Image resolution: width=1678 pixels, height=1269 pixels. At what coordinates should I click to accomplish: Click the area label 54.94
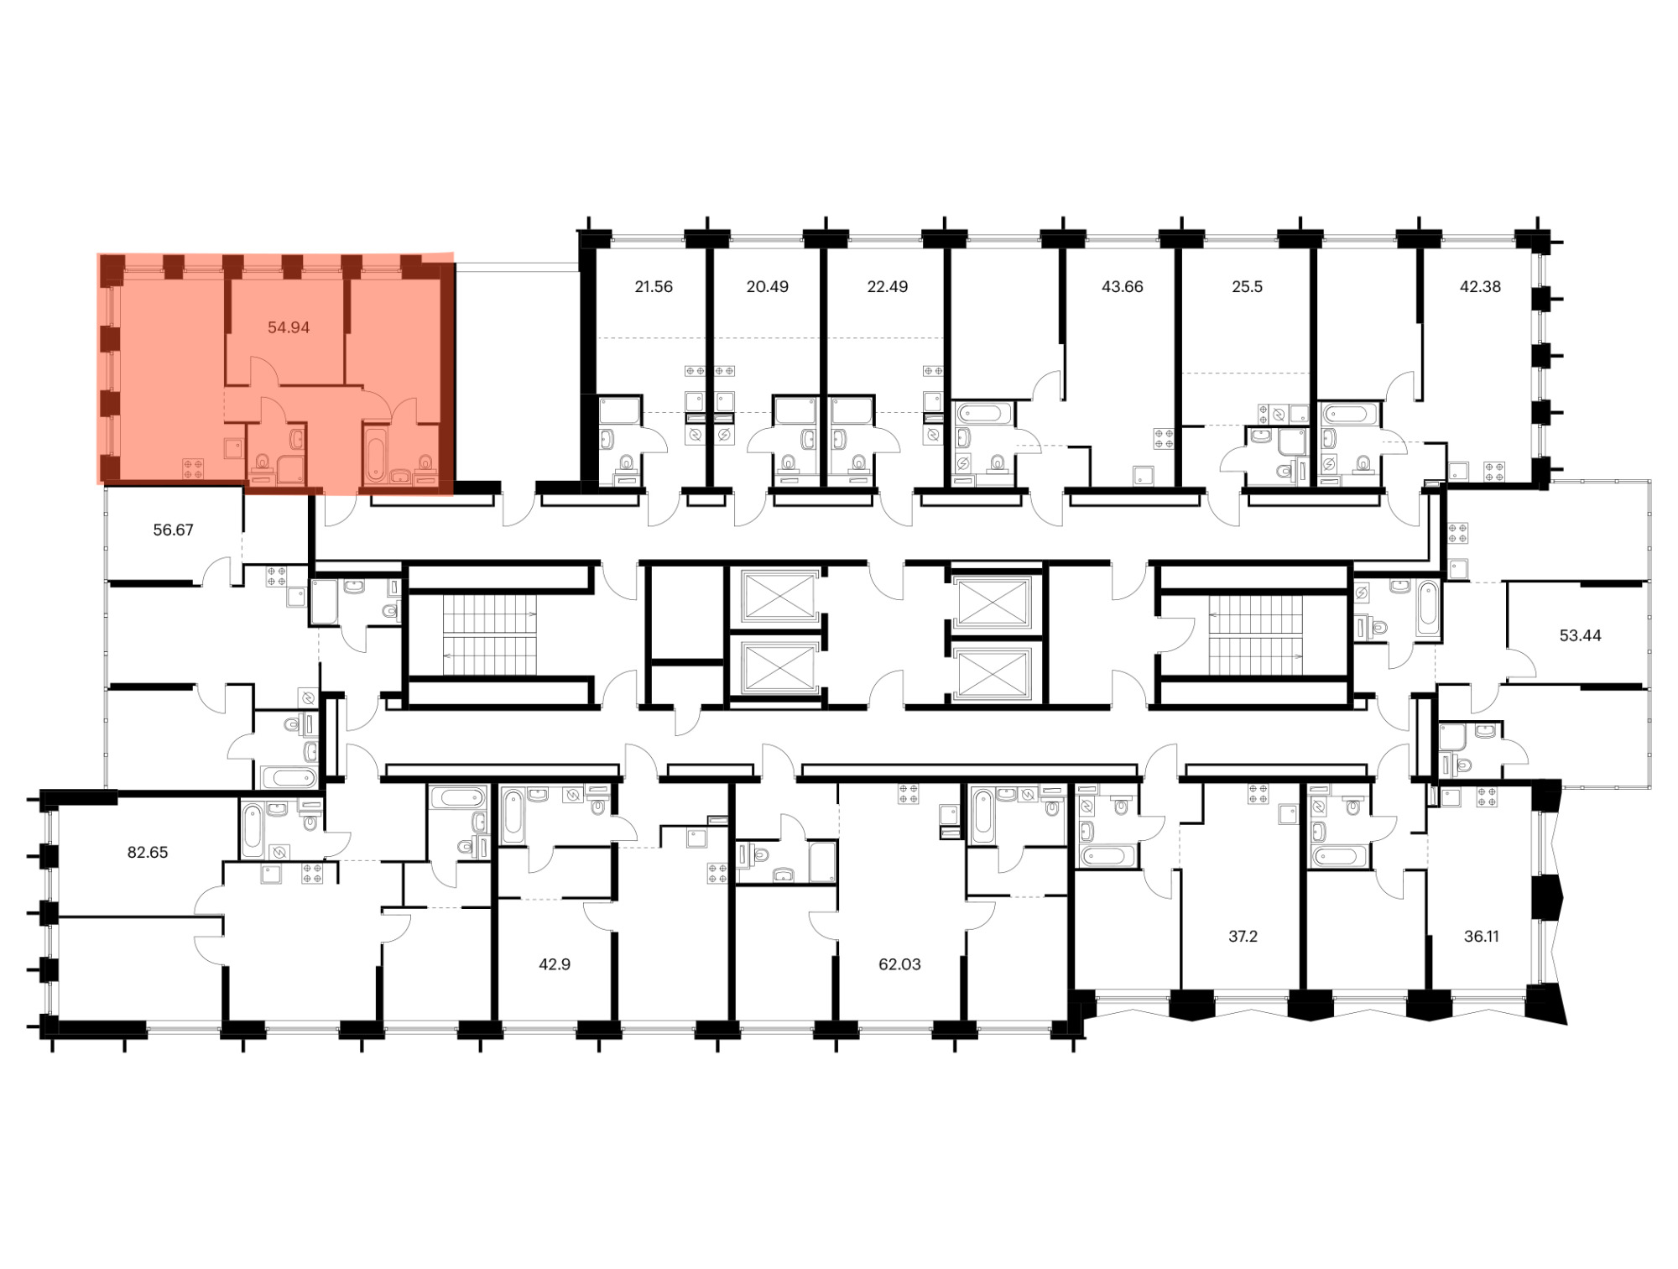click(x=289, y=327)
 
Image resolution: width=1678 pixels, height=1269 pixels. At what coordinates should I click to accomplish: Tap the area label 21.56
click(x=654, y=286)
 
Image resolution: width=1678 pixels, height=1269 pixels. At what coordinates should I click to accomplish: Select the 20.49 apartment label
click(x=767, y=286)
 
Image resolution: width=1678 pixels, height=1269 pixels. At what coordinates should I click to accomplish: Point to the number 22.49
click(x=887, y=286)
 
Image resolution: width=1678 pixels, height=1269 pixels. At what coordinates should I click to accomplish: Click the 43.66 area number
click(x=1122, y=286)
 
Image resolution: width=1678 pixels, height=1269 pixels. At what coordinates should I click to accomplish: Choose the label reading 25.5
click(x=1247, y=286)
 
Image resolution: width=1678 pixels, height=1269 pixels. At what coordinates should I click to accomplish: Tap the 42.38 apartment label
click(x=1480, y=286)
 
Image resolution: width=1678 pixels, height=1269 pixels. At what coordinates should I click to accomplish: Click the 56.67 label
click(x=173, y=530)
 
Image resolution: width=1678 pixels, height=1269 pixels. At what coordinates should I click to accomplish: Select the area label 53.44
click(x=1580, y=635)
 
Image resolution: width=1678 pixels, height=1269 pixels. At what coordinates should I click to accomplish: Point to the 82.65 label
click(x=148, y=852)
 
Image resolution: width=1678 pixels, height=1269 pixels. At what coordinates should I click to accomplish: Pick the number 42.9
click(x=555, y=964)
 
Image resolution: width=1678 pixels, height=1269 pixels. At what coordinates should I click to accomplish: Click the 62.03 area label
click(x=899, y=964)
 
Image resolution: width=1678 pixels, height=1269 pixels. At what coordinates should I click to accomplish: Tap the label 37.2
click(x=1243, y=936)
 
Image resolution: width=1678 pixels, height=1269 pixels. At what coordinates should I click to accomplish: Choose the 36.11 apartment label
click(x=1481, y=936)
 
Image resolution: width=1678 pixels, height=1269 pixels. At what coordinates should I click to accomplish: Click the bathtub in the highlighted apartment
click(x=376, y=456)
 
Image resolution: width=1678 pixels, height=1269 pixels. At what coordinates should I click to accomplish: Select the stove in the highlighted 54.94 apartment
click(x=193, y=469)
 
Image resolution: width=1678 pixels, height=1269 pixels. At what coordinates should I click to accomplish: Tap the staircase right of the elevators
click(x=1256, y=635)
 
